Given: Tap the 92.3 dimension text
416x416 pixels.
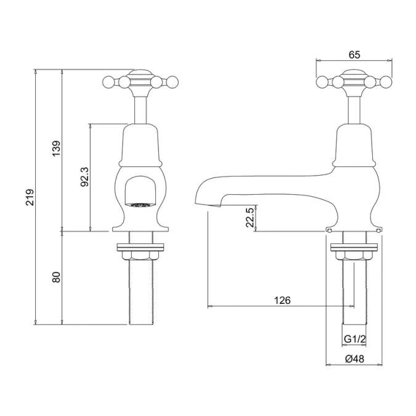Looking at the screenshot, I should coord(85,177).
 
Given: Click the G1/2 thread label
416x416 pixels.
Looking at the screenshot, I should coord(354,339).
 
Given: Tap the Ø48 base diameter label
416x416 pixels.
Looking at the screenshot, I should coord(354,359).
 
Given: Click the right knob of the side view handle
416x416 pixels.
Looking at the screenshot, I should coord(387,81).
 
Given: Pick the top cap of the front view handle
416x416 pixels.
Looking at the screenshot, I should coord(139,71).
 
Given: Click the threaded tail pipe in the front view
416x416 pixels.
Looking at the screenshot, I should coord(139,293).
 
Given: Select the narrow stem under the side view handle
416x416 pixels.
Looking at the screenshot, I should coord(354,108).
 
